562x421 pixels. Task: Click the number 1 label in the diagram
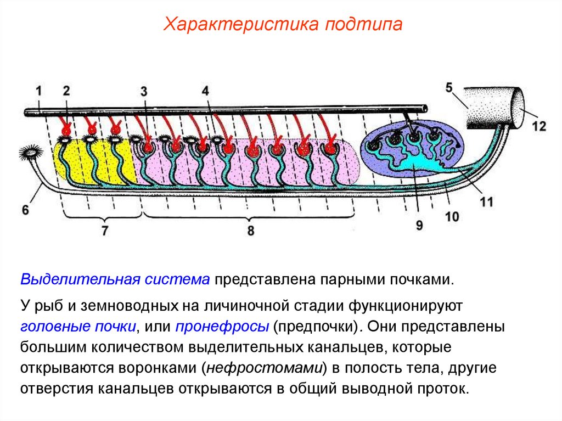[39, 91]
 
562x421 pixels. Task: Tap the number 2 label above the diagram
[66, 91]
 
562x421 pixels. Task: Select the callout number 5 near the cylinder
[448, 87]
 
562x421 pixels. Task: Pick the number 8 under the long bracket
[250, 231]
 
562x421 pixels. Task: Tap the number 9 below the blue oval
[419, 225]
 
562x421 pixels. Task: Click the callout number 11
[486, 202]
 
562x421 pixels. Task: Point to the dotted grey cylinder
[488, 107]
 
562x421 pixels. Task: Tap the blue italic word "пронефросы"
[222, 326]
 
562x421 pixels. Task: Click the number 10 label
[451, 217]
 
